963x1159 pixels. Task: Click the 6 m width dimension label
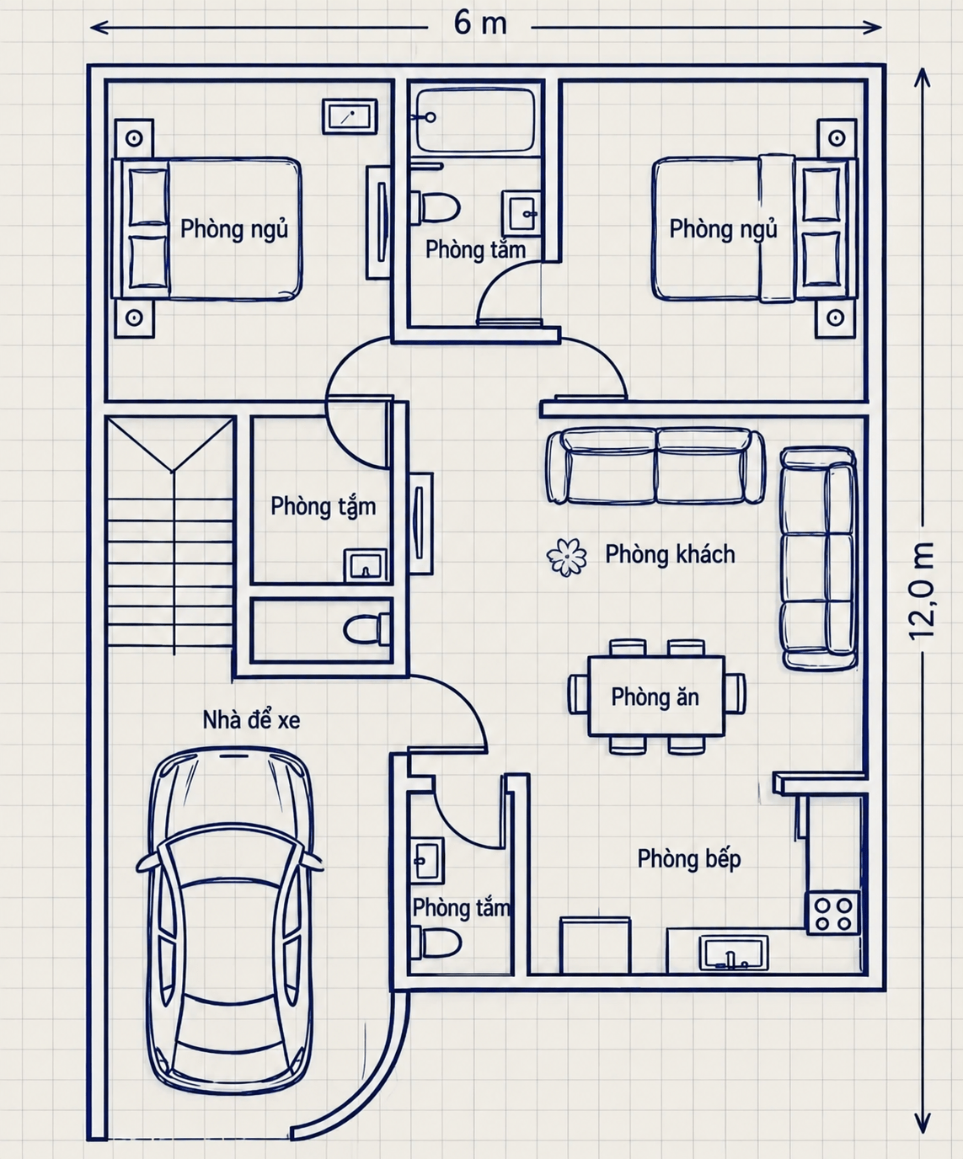click(x=480, y=24)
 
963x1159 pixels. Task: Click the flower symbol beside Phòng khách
click(x=566, y=557)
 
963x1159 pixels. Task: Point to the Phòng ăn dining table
click(x=656, y=696)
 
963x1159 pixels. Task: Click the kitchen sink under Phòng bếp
click(x=734, y=953)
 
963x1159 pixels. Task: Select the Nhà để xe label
click(x=252, y=720)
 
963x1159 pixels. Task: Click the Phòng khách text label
click(x=670, y=554)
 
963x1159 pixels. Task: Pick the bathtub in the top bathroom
click(x=476, y=120)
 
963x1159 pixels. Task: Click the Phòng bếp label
click(x=688, y=858)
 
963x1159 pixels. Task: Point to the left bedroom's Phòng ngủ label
click(x=234, y=229)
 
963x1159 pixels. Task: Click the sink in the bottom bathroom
click(x=428, y=860)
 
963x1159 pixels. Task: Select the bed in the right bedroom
click(x=755, y=230)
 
